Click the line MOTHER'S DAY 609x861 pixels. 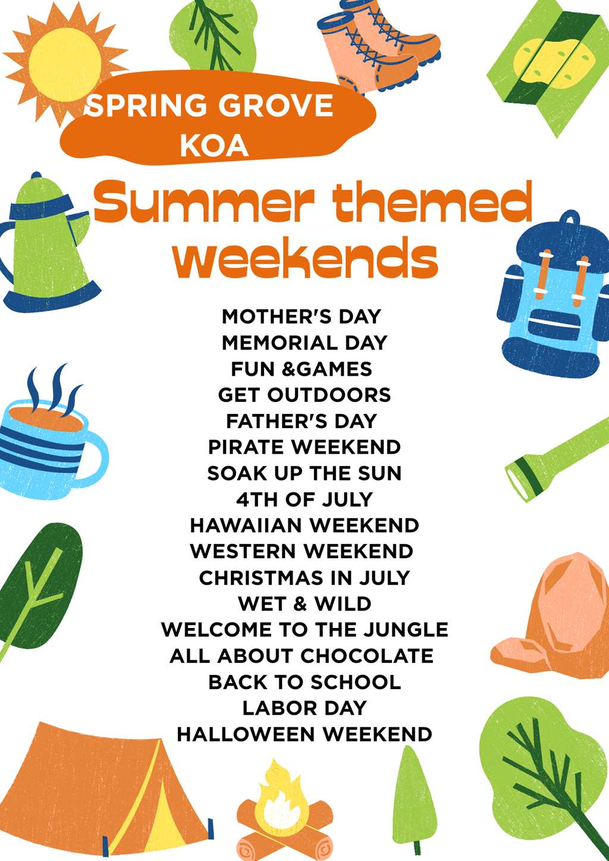[302, 316]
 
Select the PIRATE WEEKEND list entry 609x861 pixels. [304, 447]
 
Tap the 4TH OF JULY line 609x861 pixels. [304, 499]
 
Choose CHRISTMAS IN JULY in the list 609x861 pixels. [304, 578]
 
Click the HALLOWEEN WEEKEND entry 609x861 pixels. [304, 734]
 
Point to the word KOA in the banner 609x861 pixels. [214, 146]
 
